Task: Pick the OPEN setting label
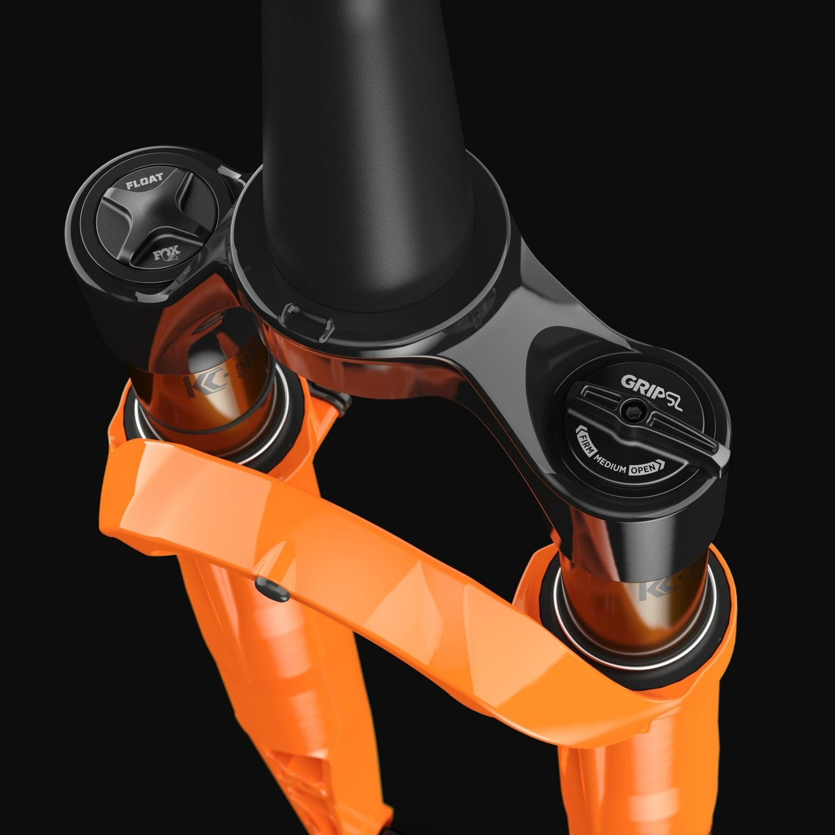[643, 469]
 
